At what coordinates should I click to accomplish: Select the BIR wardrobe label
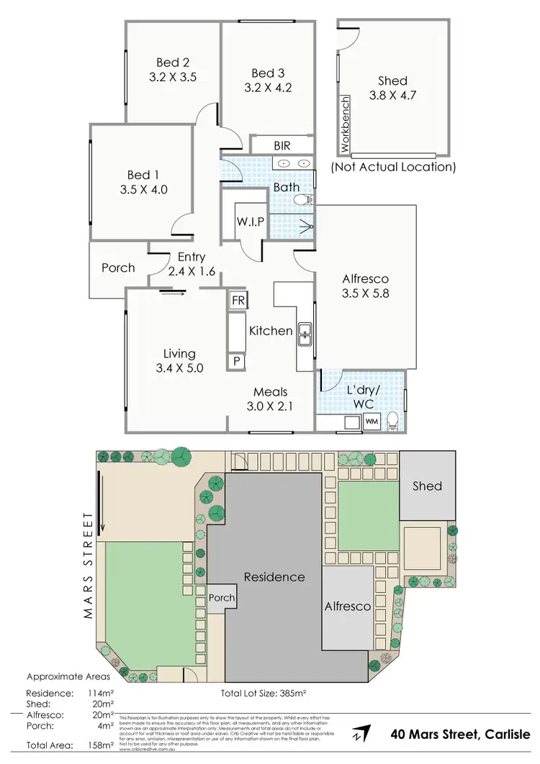point(282,145)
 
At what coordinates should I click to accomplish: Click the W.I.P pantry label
point(250,222)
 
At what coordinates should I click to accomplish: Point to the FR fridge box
point(238,301)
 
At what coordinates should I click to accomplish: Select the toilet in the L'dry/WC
point(393,420)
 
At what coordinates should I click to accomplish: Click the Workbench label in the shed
point(344,124)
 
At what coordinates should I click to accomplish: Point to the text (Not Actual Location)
point(393,167)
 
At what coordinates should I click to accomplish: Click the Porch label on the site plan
point(221,598)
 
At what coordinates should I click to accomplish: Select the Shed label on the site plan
point(427,486)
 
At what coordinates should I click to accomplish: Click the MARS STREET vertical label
point(89,565)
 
